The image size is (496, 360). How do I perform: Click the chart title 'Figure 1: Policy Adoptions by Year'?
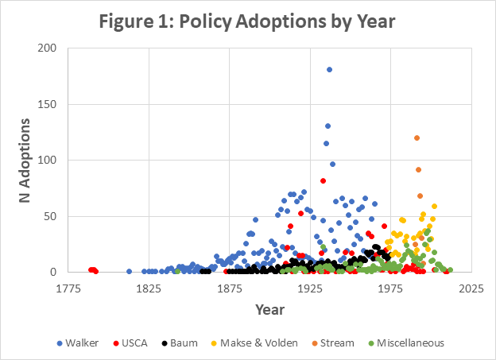tap(247, 20)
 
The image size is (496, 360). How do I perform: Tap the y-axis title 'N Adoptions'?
tap(25, 159)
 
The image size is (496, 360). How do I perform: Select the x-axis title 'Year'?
tap(269, 308)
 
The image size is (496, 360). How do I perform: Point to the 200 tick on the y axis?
tap(48, 48)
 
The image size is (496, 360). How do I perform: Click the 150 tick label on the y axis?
tap(48, 104)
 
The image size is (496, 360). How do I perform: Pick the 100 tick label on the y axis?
tap(48, 161)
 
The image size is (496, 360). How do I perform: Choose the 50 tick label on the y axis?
tap(52, 216)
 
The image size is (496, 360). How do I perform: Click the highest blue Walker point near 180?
tap(329, 70)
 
